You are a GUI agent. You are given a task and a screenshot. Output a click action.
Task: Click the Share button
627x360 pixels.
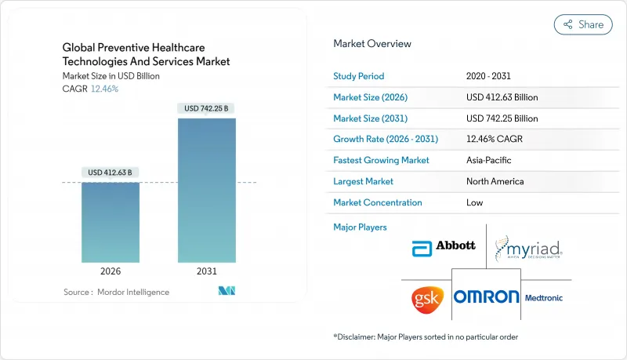coord(583,24)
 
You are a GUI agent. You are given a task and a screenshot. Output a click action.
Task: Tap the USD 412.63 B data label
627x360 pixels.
coord(111,172)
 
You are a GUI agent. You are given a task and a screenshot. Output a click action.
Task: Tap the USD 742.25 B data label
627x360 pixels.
coord(207,108)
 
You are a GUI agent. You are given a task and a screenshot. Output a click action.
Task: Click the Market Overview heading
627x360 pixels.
coord(371,43)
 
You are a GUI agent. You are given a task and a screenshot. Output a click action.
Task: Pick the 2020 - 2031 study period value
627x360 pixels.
coord(489,76)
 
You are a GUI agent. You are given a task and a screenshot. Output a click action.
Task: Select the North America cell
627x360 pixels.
coord(495,181)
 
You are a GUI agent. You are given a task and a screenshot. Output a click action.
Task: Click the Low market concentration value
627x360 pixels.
coord(474,202)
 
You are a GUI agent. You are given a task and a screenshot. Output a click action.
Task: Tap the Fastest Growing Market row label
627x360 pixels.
coord(381,160)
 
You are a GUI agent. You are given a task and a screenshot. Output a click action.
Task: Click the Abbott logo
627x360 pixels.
coord(444,245)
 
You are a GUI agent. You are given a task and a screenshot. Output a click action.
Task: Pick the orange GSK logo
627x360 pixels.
coord(428,297)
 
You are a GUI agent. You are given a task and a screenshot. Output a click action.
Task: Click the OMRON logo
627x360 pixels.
coord(487,296)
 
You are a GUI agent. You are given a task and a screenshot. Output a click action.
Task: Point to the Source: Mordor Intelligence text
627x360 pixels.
coord(116,292)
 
